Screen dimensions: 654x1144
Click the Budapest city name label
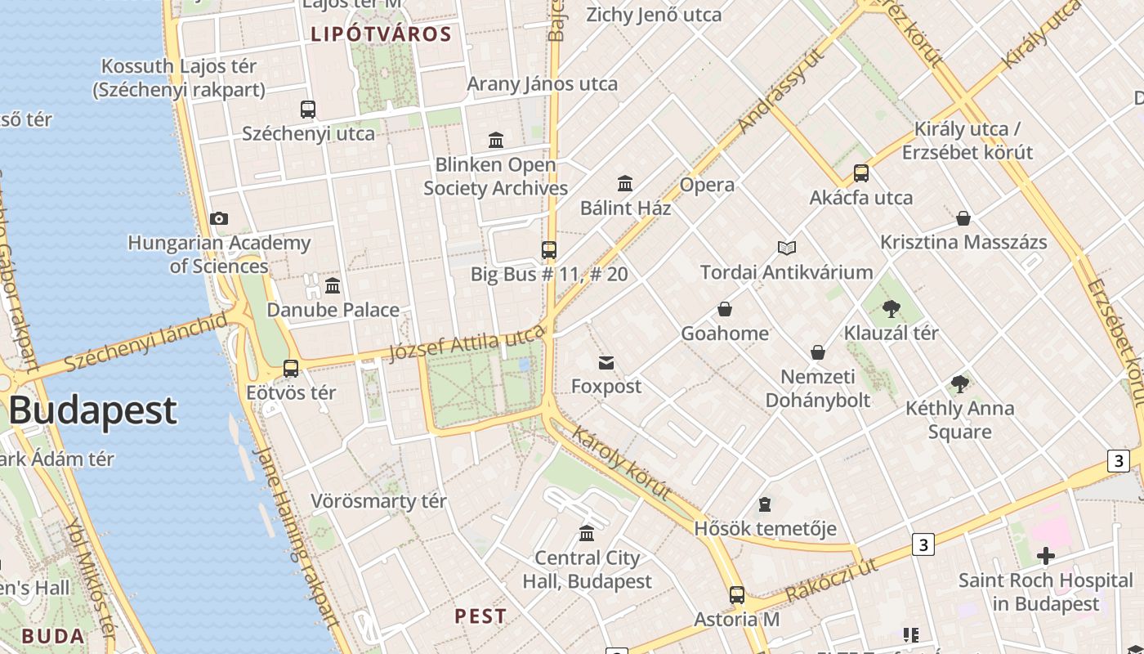93,410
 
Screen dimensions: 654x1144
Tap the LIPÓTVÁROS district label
381,34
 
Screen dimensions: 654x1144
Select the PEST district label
480,616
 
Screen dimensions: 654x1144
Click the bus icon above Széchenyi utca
308,109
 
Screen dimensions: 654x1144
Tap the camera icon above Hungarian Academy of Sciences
218,218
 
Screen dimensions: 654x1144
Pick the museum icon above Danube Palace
333,286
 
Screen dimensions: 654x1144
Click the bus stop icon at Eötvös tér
291,369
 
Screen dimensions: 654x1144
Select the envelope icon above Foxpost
606,363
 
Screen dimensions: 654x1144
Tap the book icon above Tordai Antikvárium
787,248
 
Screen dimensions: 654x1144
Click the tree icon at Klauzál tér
891,309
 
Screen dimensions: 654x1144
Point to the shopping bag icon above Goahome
725,309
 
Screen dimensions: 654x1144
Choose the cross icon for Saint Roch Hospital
1045,557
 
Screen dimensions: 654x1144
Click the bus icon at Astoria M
737,595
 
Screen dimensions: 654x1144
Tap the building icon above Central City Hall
587,534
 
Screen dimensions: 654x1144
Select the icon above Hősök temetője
765,504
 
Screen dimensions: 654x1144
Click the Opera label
707,185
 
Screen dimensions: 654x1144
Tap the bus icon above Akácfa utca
861,173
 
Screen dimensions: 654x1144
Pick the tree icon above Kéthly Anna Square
960,384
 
